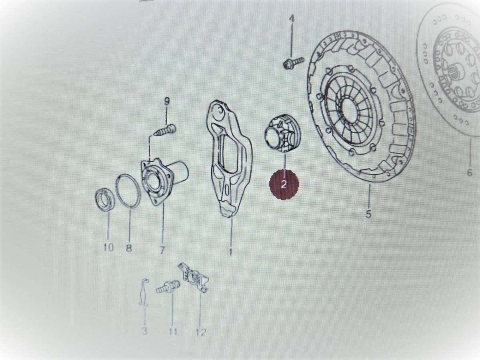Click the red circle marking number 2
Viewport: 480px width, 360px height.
click(284, 184)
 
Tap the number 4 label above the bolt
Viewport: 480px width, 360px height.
click(292, 19)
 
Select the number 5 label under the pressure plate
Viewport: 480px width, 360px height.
click(368, 214)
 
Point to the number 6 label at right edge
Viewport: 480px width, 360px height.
click(470, 173)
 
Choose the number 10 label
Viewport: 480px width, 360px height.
click(108, 248)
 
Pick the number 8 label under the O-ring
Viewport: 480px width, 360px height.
click(129, 248)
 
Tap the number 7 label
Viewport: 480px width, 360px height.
click(162, 250)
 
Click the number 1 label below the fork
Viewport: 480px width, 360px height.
click(230, 252)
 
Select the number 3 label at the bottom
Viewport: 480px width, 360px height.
click(144, 331)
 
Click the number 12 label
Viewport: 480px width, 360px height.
click(201, 332)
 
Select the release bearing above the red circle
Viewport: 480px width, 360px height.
click(283, 134)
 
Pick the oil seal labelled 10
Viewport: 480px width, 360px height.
click(105, 199)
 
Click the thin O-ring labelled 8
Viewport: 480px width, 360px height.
click(128, 190)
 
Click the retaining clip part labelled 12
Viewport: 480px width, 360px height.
click(193, 277)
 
